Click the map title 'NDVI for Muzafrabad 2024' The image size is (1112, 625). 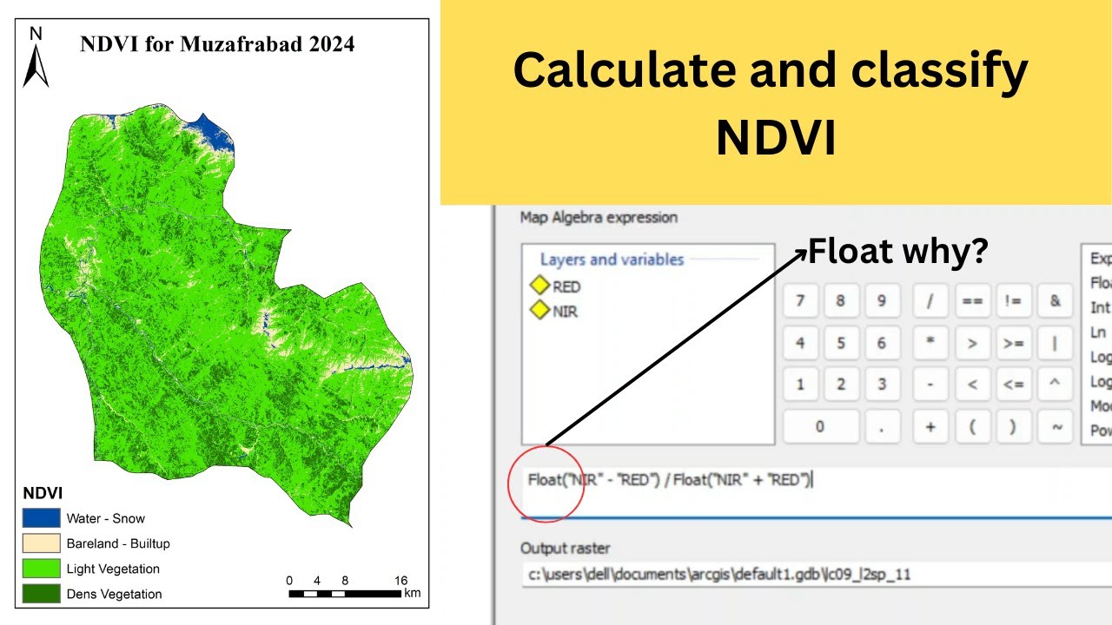[x=217, y=44]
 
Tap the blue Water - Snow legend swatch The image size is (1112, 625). [x=41, y=519]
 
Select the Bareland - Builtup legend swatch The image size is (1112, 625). [x=41, y=544]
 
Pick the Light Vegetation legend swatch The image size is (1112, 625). [x=41, y=569]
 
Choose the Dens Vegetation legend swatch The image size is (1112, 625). [x=41, y=594]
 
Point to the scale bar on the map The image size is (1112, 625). [x=345, y=594]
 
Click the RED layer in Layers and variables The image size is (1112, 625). [x=566, y=286]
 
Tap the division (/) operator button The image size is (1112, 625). [x=930, y=301]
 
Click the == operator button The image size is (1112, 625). [x=972, y=301]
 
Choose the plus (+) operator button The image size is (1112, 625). [x=930, y=426]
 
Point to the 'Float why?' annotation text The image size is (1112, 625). [x=897, y=252]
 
